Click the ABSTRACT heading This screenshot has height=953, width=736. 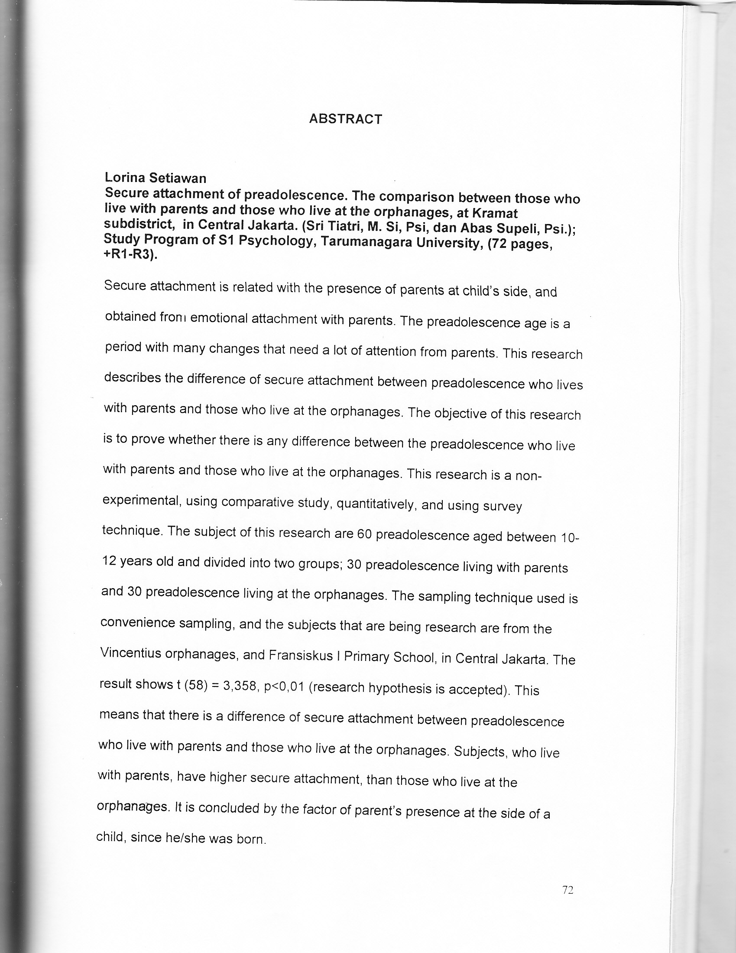345,119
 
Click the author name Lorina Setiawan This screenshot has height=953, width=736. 155,178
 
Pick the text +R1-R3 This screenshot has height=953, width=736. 129,255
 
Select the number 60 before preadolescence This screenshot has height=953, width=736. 364,534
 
